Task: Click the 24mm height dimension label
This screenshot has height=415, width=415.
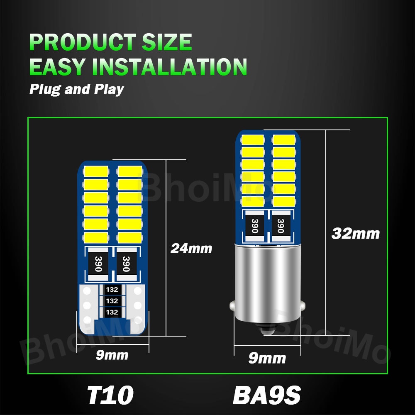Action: [191, 249]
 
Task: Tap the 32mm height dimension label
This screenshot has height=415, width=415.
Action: [356, 234]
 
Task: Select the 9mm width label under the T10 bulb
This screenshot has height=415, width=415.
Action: [112, 355]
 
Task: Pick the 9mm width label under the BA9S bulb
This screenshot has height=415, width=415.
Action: [267, 358]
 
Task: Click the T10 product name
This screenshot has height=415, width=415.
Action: [110, 395]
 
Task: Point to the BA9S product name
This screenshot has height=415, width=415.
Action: [266, 395]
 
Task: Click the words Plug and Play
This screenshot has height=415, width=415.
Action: [76, 89]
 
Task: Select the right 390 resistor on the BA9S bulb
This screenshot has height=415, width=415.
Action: [280, 226]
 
